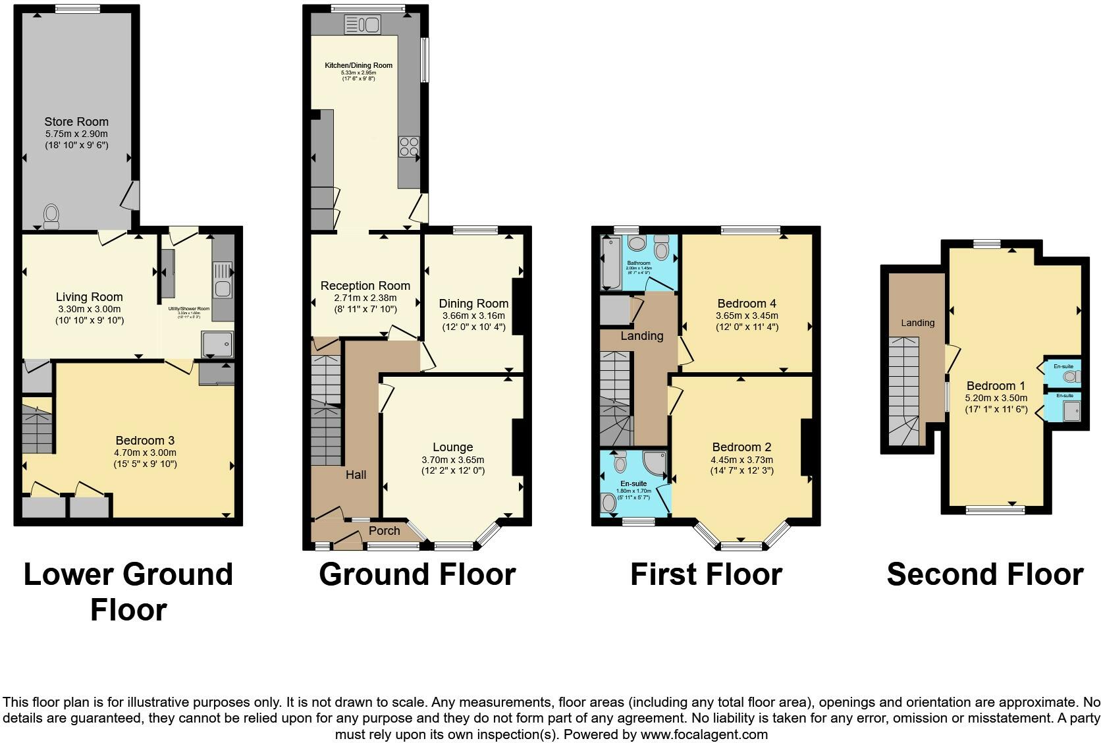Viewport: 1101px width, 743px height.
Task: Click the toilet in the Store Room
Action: coord(51,215)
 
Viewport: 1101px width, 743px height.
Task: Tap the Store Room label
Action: coord(76,122)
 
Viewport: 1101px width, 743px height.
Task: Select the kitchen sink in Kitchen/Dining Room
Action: coord(362,26)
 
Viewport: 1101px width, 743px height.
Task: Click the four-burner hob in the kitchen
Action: coord(408,147)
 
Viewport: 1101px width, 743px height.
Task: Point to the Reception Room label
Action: coord(365,286)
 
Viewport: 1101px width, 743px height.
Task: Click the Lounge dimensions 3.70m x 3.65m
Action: coord(452,460)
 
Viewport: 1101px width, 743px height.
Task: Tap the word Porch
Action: coord(384,530)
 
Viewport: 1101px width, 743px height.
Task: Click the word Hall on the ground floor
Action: coord(356,475)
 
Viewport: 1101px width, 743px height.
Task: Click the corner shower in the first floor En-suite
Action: coord(655,464)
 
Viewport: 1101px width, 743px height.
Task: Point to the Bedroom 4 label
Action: coord(746,304)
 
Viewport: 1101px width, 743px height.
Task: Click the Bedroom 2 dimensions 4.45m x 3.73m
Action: coord(741,460)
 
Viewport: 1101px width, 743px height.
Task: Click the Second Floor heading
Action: coord(984,574)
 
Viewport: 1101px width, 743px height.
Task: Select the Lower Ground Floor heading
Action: coord(128,592)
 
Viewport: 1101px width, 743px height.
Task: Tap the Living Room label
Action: coord(89,297)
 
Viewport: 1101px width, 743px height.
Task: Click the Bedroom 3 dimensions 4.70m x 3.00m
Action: coord(145,453)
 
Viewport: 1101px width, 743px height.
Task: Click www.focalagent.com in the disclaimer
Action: coord(704,734)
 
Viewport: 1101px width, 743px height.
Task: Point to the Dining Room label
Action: coord(473,304)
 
